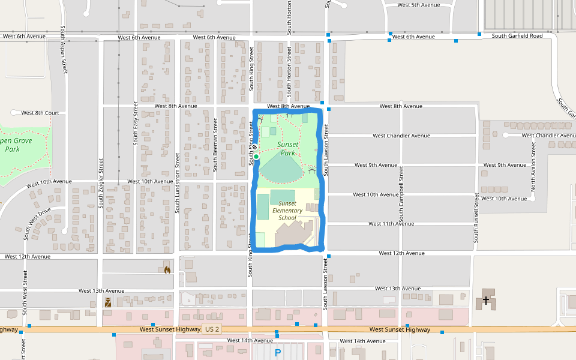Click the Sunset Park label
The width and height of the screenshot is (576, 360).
tap(287, 149)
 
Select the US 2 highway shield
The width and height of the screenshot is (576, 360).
tap(212, 329)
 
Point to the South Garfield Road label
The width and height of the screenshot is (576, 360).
tap(517, 36)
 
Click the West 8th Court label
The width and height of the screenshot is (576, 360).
tap(40, 113)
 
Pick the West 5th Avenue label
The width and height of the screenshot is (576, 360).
tap(419, 5)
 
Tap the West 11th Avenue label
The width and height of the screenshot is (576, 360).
tap(391, 224)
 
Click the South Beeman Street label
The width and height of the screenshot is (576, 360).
tap(215, 145)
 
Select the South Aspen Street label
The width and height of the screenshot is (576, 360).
tap(63, 49)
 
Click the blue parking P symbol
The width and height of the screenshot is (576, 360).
tap(277, 353)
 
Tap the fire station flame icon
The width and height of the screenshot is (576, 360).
tap(167, 270)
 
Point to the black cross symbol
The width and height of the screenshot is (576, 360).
tap(485, 299)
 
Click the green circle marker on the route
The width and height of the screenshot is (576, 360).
tap(256, 157)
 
